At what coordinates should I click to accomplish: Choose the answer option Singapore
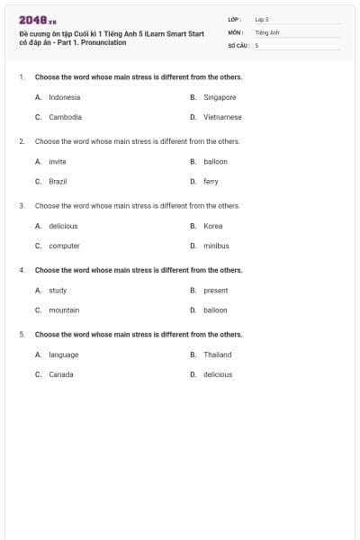[220, 97]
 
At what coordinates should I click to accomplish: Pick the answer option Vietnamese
[222, 117]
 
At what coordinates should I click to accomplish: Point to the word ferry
[211, 181]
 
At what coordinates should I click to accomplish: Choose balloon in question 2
[215, 162]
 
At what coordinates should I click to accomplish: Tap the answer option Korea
[212, 226]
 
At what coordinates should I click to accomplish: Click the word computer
[64, 246]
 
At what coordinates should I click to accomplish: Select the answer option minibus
[216, 246]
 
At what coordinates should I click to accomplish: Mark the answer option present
[216, 291]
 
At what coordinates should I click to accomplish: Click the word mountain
[64, 310]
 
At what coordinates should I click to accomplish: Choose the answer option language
[64, 355]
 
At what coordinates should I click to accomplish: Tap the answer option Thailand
[218, 355]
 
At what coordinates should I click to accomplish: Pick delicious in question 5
[218, 374]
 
